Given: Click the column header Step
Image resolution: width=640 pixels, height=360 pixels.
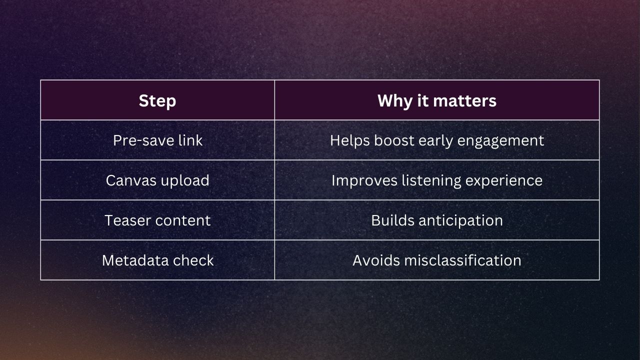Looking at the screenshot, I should (x=157, y=100).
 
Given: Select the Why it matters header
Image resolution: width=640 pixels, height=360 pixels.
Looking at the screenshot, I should (x=436, y=100).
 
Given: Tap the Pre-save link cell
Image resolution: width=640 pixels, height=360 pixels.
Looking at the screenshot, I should (x=157, y=140).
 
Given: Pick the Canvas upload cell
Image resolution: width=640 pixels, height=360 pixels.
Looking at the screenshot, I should (x=157, y=180).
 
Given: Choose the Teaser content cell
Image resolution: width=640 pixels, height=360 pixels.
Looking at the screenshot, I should (x=157, y=220).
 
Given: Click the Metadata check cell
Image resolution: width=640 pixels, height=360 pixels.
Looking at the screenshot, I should (x=157, y=260).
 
